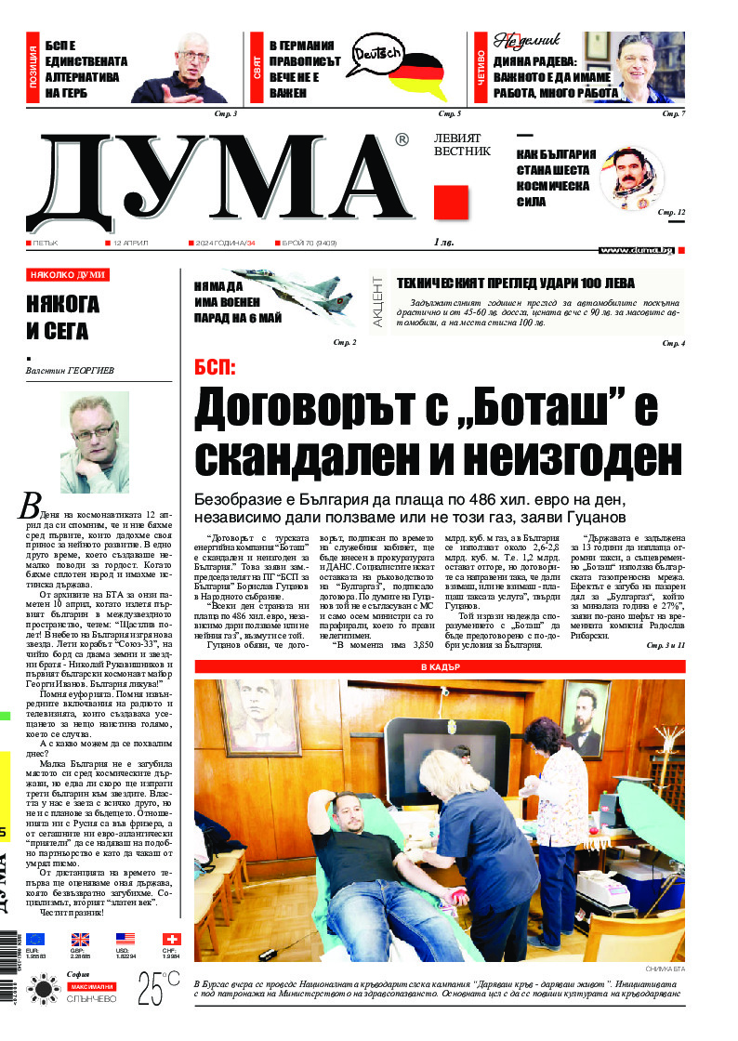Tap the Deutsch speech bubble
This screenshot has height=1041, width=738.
coord(376,55)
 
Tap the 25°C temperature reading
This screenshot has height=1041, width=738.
coord(159,988)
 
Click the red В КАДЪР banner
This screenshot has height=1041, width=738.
coord(439,667)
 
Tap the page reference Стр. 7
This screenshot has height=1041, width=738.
coord(673,113)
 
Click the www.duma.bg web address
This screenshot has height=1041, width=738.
coord(636,249)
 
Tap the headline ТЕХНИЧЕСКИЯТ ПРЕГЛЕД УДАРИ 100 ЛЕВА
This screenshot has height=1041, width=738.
coord(516,283)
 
